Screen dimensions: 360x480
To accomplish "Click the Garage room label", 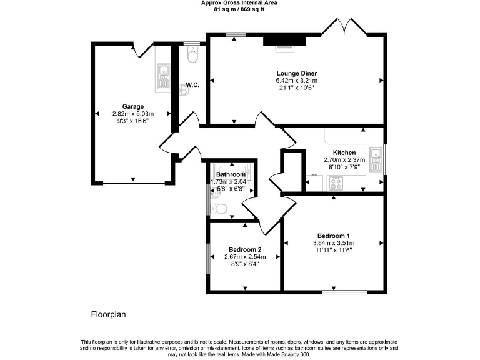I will coord(132,106).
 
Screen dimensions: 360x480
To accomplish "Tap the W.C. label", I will coord(192,85).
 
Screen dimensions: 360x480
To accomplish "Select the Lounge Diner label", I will coord(296,73).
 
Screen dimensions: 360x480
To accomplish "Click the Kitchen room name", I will coord(344,152).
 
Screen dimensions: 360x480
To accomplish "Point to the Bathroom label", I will coord(231,174).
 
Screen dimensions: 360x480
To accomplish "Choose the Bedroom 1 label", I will coord(333,235).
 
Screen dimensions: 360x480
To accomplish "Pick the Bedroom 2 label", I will coord(245,249).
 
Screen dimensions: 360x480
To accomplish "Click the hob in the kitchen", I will coord(336,183).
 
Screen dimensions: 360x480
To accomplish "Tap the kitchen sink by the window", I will coord(376,159).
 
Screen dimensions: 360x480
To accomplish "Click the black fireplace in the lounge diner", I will coord(284,41).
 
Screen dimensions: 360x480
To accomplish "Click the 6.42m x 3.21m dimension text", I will coord(296,81).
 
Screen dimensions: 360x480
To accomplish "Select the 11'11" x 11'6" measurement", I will coord(333,251).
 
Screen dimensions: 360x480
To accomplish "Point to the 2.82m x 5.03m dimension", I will coord(132,114).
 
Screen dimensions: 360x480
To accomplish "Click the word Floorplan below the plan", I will coord(109,314).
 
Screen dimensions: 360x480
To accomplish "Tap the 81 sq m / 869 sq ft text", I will coord(239,9).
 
